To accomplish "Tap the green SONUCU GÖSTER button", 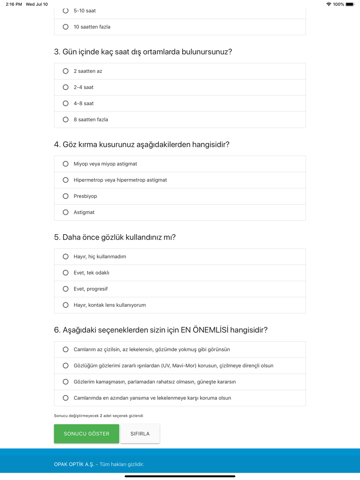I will point(86,434).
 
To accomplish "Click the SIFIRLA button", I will point(140,434).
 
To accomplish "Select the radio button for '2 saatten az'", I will point(66,71).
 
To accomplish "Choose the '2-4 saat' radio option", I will point(66,87).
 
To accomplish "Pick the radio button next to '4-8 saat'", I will point(66,104).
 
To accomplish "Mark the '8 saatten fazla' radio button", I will point(66,120).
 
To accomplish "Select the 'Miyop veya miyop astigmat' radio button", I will point(66,164).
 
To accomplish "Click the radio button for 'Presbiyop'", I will point(66,196).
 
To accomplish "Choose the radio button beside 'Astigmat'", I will point(66,212).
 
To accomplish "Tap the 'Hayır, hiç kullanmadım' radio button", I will point(66,257).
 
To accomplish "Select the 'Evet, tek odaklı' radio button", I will point(66,273).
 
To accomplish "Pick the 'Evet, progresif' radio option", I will point(66,289).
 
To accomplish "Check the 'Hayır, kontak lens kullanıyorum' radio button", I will point(66,305).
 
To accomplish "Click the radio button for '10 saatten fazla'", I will point(66,27).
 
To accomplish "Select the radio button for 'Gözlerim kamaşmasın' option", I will point(66,382).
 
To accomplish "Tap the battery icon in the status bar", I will point(350,4).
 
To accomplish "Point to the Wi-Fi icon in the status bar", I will point(329,4).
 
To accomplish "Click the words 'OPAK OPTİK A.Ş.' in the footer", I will point(74,464).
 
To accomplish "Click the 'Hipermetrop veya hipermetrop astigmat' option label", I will point(120,180).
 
